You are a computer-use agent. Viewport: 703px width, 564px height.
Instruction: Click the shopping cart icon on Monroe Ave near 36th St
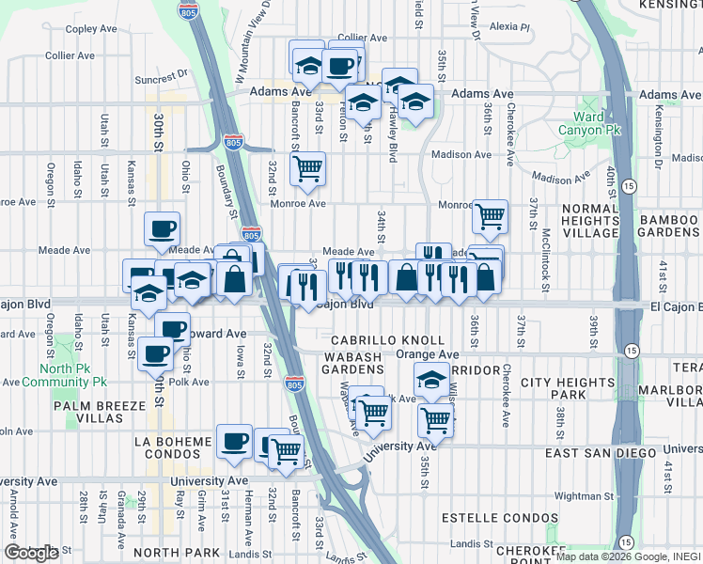tap(490, 216)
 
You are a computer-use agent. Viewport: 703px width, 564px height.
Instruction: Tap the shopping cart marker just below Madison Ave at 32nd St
tap(307, 169)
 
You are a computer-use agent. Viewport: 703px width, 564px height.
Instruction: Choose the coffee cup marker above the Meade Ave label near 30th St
tap(162, 229)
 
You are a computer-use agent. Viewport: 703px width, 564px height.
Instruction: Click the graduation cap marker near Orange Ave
tap(431, 381)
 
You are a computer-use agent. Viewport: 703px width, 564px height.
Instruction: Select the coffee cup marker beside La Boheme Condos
tap(234, 440)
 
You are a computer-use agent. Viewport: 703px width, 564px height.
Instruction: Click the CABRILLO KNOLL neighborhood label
tap(387, 339)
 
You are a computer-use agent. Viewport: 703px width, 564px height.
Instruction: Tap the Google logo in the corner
tap(32, 552)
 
